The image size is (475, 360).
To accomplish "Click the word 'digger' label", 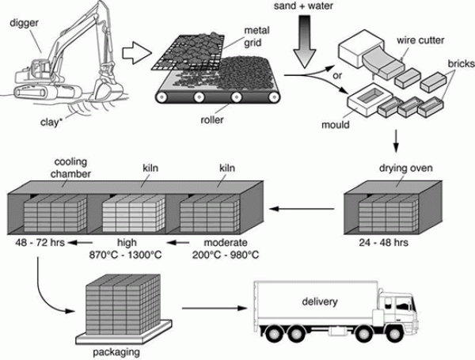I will (24, 25).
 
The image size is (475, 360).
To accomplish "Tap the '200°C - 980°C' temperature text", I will (225, 256).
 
